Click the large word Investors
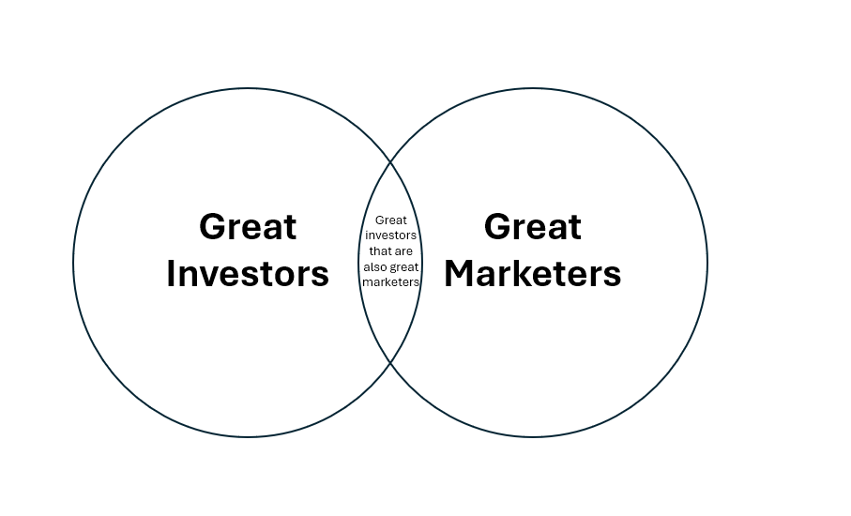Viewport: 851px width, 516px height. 248,274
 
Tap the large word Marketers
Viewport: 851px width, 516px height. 532,274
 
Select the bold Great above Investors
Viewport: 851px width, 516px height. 248,227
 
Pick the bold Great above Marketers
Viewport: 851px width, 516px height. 532,227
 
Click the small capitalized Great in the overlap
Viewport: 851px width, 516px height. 390,220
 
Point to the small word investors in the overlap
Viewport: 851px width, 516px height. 390,235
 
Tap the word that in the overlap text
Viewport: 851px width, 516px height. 378,251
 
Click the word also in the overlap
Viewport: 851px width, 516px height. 374,267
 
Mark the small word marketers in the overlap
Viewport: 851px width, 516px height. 390,282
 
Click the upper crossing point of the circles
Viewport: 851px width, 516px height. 390,162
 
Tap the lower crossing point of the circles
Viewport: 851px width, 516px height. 390,363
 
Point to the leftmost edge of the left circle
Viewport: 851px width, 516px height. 73,263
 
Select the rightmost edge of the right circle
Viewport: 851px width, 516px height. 707,263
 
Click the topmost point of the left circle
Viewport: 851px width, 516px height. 248,88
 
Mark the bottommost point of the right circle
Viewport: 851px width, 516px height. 533,437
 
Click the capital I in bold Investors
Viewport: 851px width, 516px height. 172,274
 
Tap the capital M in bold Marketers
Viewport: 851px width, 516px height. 461,274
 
